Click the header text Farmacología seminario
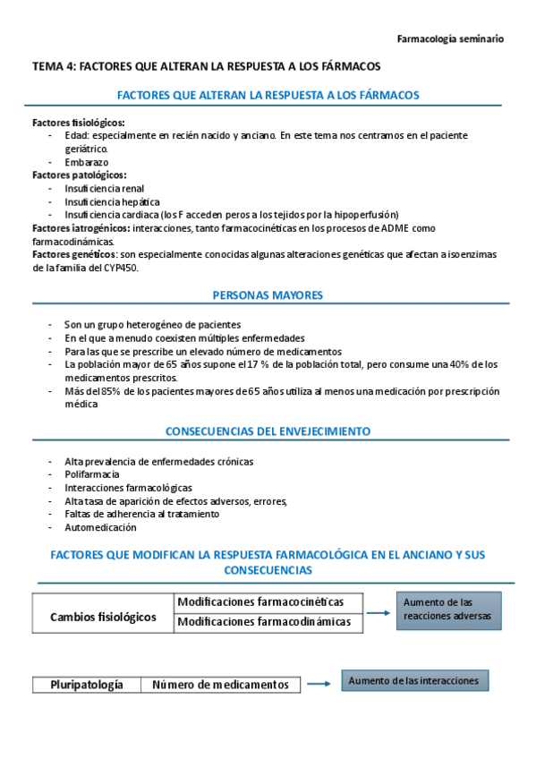pos(449,38)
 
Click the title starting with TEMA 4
pos(207,66)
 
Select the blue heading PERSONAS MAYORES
pos(268,294)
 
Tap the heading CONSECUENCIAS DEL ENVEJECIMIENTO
pos(268,431)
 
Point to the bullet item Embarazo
pos(87,162)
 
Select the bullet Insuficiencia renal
pos(104,189)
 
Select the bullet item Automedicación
pos(98,527)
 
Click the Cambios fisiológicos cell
pos(103,618)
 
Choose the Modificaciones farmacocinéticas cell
pos(259,601)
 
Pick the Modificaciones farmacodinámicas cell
pos(264,622)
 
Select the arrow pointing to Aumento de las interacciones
pos(319,685)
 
